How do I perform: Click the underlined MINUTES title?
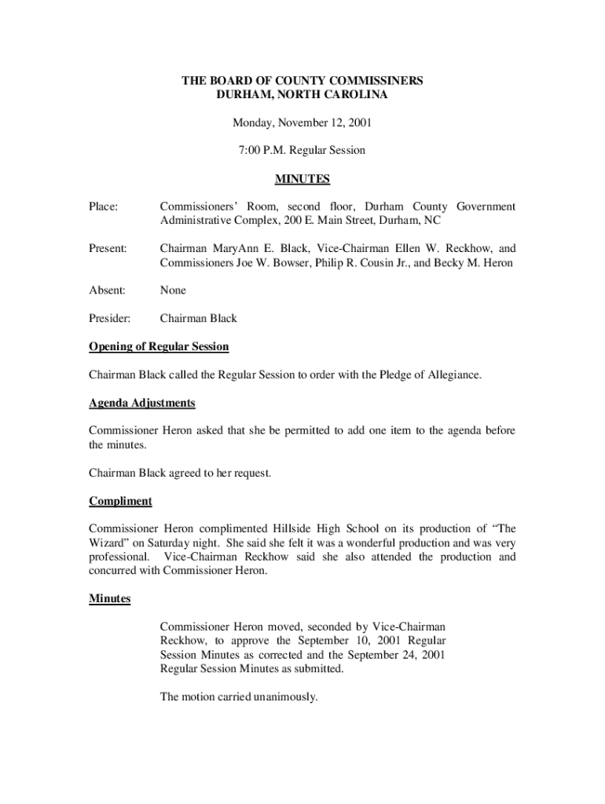coord(302,179)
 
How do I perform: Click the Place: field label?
coord(103,206)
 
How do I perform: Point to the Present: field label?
coord(108,249)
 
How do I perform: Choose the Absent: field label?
coord(107,291)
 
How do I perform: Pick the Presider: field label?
coord(110,319)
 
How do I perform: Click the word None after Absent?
coord(173,291)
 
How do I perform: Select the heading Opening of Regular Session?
coord(159,347)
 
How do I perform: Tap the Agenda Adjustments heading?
coord(142,403)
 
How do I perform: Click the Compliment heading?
coord(120,501)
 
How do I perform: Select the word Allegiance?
coord(452,375)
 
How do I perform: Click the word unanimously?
coord(282,696)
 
